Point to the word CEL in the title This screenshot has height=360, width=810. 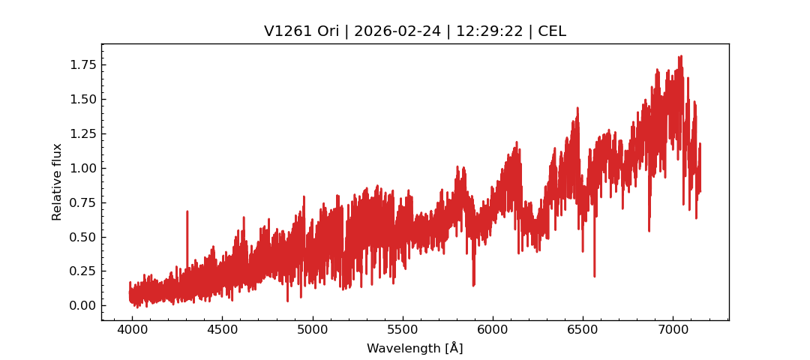tap(551, 31)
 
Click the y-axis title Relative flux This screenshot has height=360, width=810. tap(57, 181)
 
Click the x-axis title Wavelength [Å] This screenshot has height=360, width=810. tap(415, 348)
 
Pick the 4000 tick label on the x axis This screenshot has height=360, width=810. tap(132, 329)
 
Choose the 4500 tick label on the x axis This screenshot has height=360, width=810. tap(222, 329)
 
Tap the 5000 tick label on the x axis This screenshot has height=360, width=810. tap(312, 329)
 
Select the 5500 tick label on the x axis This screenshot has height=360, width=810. tap(402, 329)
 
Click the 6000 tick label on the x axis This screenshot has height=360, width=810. tap(492, 329)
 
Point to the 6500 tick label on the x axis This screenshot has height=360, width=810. tap(582, 329)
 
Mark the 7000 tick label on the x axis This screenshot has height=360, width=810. tap(672, 329)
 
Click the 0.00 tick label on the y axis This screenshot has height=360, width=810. tap(83, 305)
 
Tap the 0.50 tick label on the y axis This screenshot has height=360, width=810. tap(83, 237)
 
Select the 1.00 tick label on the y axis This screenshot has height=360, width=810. tap(83, 168)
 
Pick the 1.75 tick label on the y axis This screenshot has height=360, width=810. tap(83, 65)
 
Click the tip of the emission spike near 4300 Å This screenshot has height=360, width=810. tap(187, 211)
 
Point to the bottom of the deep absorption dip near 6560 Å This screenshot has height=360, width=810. tap(594, 277)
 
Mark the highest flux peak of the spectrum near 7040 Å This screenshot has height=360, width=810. tap(680, 56)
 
